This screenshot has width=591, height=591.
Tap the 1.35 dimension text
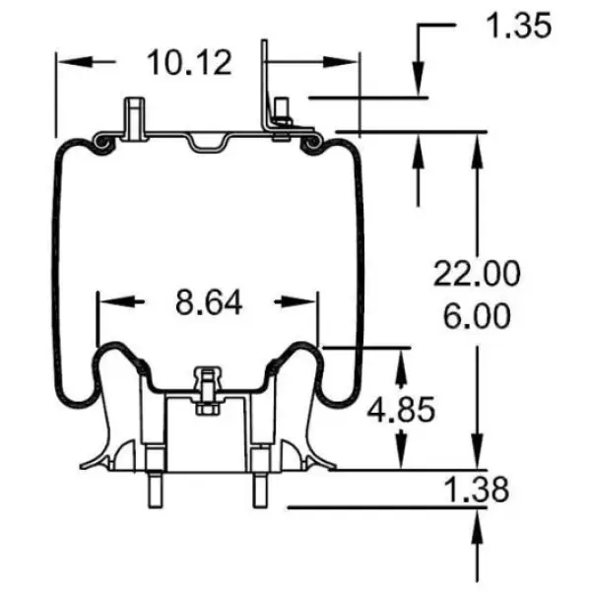(518, 27)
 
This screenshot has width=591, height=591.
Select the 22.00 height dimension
(478, 273)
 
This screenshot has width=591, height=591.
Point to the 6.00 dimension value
(476, 317)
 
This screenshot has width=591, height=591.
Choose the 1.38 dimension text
(477, 489)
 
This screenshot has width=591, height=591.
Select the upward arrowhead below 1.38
(480, 521)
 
